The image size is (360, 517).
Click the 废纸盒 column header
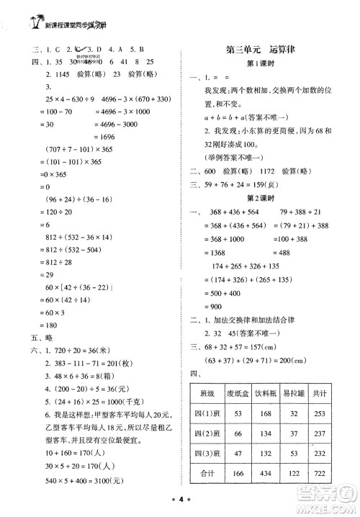coord(245,395)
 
